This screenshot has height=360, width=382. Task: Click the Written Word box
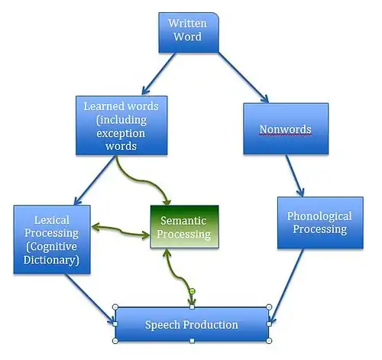189,33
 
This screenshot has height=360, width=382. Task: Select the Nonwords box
286,128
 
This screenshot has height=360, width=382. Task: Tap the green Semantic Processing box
184,226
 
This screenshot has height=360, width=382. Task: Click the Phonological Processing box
320,222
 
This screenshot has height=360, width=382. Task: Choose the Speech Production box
192,324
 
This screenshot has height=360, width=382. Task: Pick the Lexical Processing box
52,239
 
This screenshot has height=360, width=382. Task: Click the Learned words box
121,125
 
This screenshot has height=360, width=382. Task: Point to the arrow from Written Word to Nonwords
244,77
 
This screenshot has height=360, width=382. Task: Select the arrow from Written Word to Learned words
159,74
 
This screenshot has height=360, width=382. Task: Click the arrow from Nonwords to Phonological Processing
295,175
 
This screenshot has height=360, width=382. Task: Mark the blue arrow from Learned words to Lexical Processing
94,180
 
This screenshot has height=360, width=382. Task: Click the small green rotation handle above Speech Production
193,291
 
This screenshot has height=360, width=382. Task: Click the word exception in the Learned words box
121,133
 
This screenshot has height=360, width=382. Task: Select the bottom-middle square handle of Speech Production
193,341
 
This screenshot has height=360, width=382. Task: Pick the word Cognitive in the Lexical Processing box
52,247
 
